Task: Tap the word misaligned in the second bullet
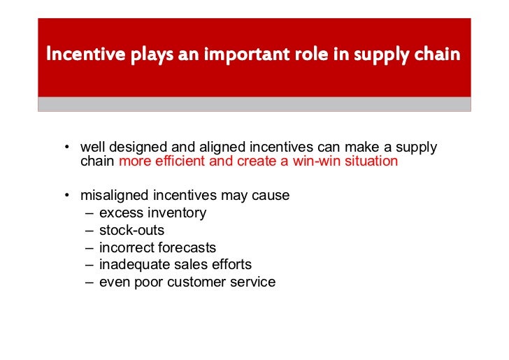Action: pyautogui.click(x=110, y=196)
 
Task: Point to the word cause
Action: pyautogui.click(x=270, y=196)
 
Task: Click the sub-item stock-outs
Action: pyautogui.click(x=132, y=230)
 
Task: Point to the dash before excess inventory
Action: pyautogui.click(x=89, y=213)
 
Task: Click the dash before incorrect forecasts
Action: pyautogui.click(x=89, y=247)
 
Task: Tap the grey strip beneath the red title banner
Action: pyautogui.click(x=254, y=104)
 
